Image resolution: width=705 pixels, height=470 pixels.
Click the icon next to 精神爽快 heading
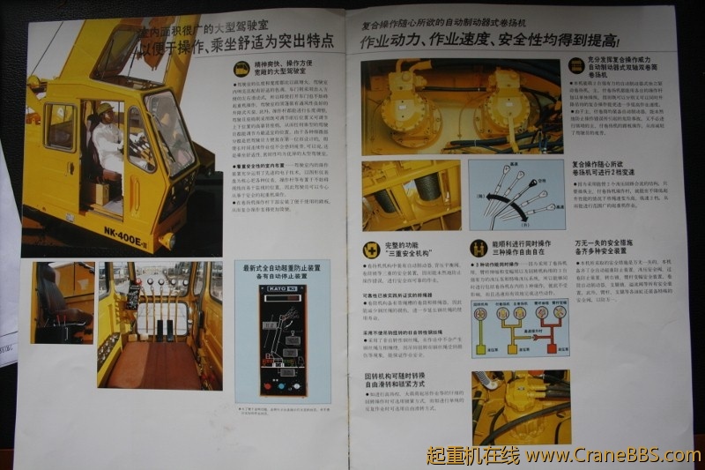pos(240,68)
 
